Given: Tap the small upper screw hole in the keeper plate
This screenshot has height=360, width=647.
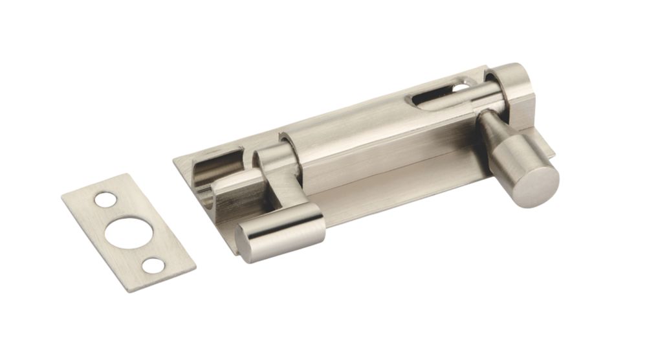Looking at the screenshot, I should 105,199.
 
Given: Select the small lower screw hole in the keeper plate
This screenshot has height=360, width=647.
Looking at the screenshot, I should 153,265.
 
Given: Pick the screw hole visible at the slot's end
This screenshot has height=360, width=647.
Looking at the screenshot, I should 461,86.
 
